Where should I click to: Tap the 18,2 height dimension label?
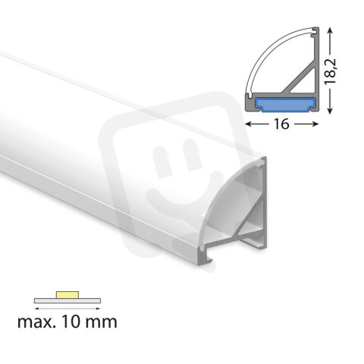(345, 67)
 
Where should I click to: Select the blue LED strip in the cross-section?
(281, 102)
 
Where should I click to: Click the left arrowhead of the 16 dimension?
(248, 121)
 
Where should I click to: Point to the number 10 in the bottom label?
(74, 322)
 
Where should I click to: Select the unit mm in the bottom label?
(102, 322)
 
